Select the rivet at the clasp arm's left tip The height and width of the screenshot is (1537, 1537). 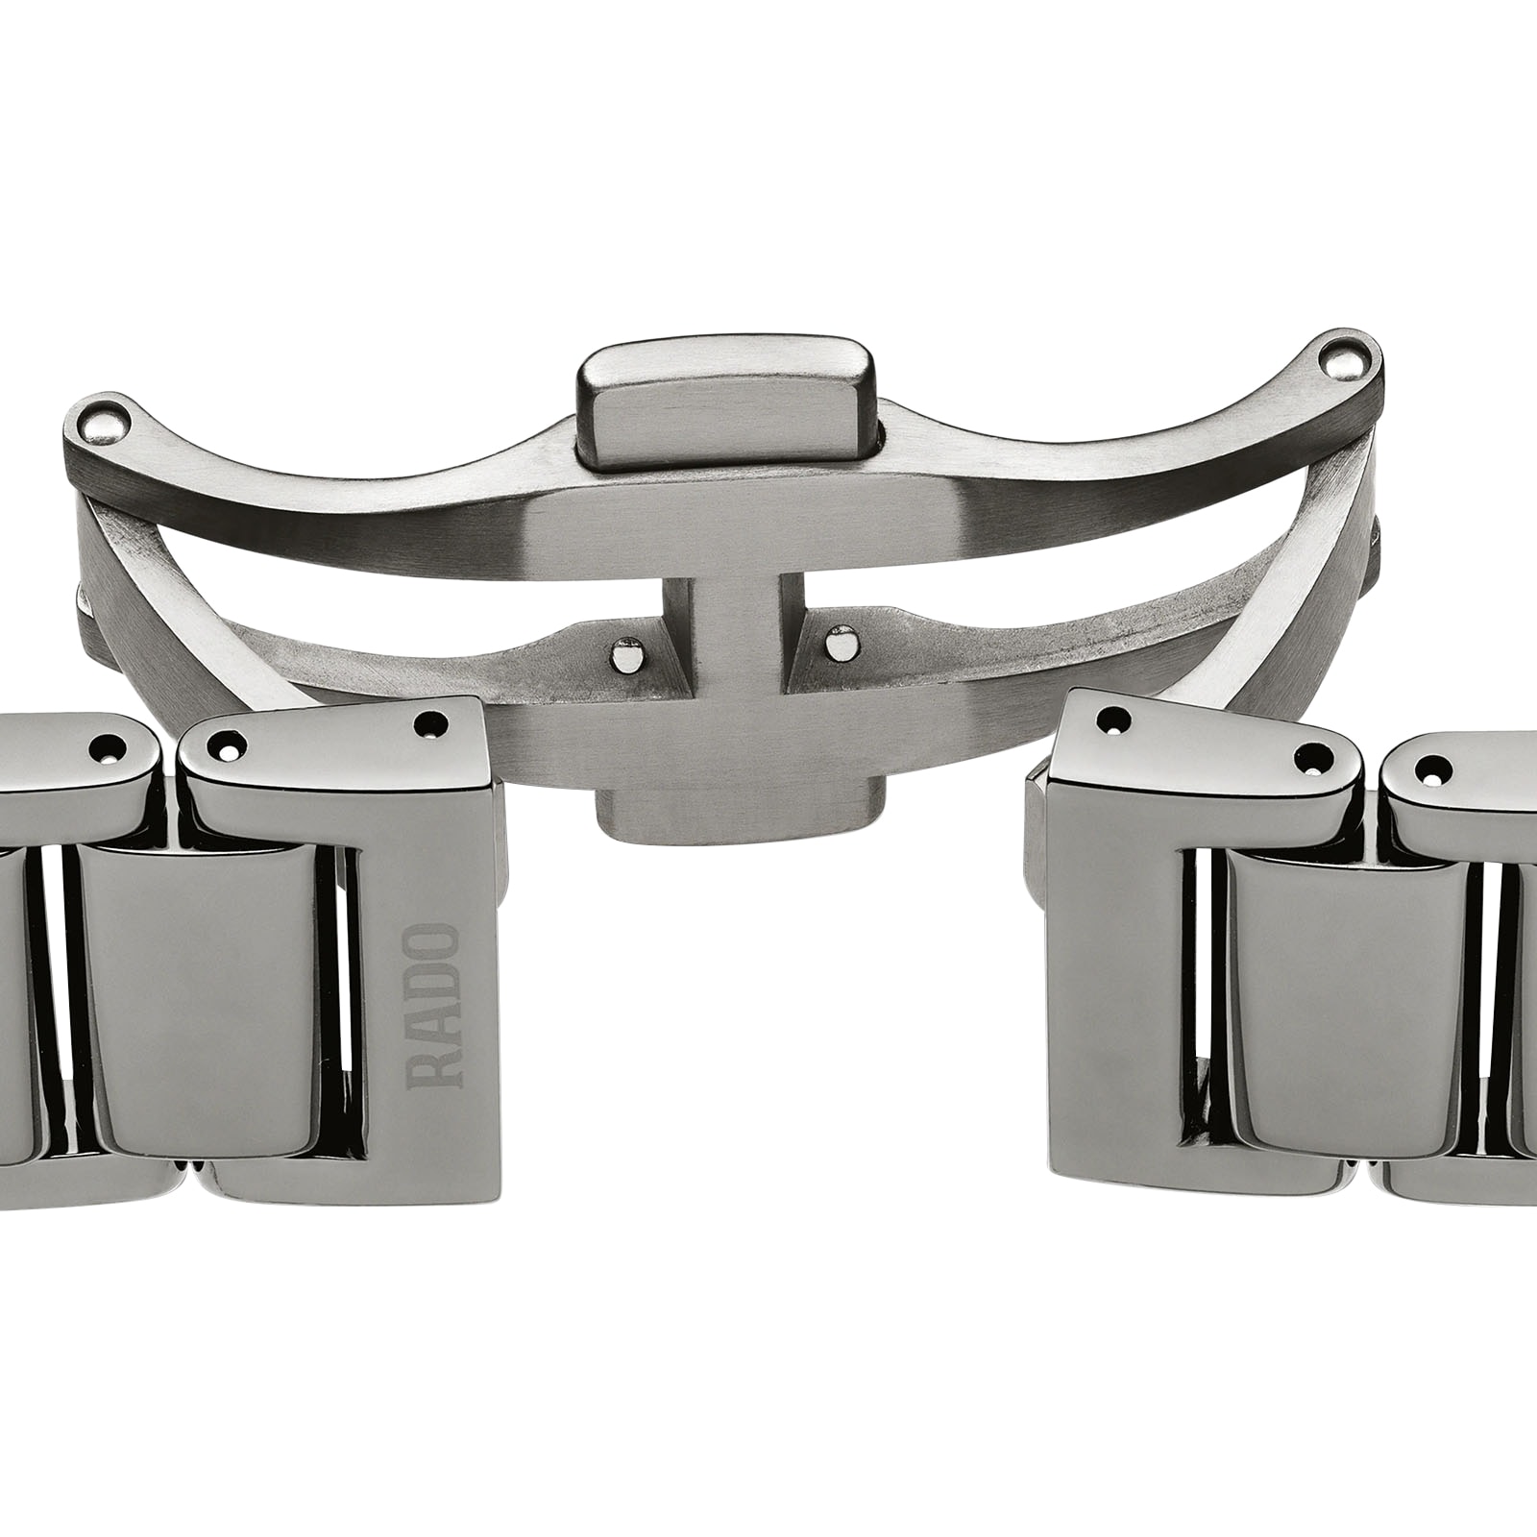(106, 419)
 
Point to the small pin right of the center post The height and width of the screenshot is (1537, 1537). (842, 640)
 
